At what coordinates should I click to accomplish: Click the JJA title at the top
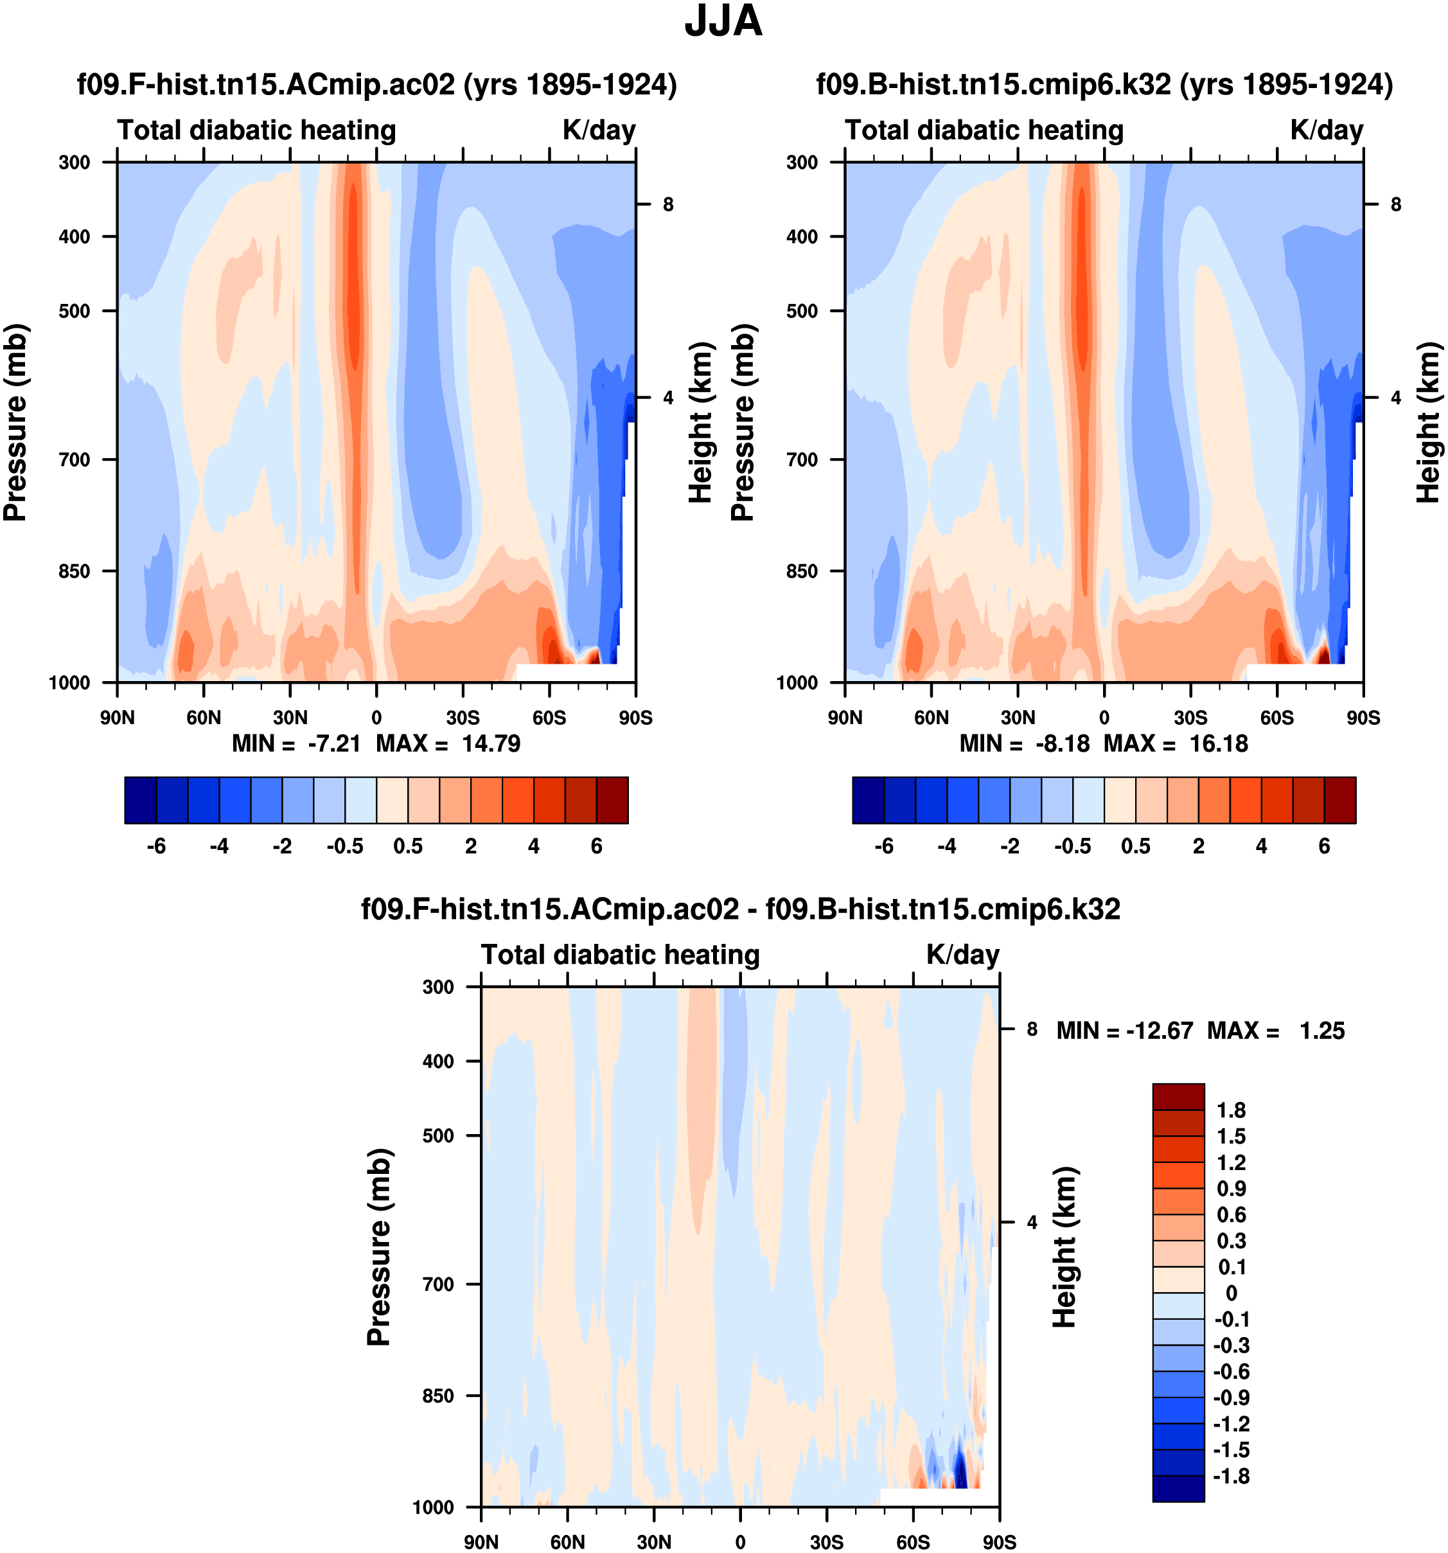tap(723, 22)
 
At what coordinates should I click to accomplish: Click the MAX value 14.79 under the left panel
tap(490, 743)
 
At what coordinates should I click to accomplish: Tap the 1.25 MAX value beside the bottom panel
tap(1322, 1031)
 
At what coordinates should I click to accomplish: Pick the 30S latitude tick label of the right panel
tap(1190, 717)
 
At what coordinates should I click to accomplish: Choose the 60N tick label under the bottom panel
tap(567, 1541)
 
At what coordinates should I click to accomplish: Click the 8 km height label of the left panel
tap(667, 205)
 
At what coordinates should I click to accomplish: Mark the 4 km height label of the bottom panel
tap(1032, 1222)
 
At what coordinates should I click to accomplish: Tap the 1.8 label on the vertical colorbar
tap(1231, 1110)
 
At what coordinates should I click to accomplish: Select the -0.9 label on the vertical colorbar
tap(1231, 1397)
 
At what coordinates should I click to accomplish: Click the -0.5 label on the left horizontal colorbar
tap(345, 846)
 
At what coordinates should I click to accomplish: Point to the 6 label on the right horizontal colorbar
tap(1324, 846)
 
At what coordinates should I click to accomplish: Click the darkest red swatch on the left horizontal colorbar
tap(612, 800)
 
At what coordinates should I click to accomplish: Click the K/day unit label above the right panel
tap(1326, 130)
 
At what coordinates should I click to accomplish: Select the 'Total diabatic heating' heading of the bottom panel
tap(620, 955)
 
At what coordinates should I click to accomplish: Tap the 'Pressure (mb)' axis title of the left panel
tap(15, 422)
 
